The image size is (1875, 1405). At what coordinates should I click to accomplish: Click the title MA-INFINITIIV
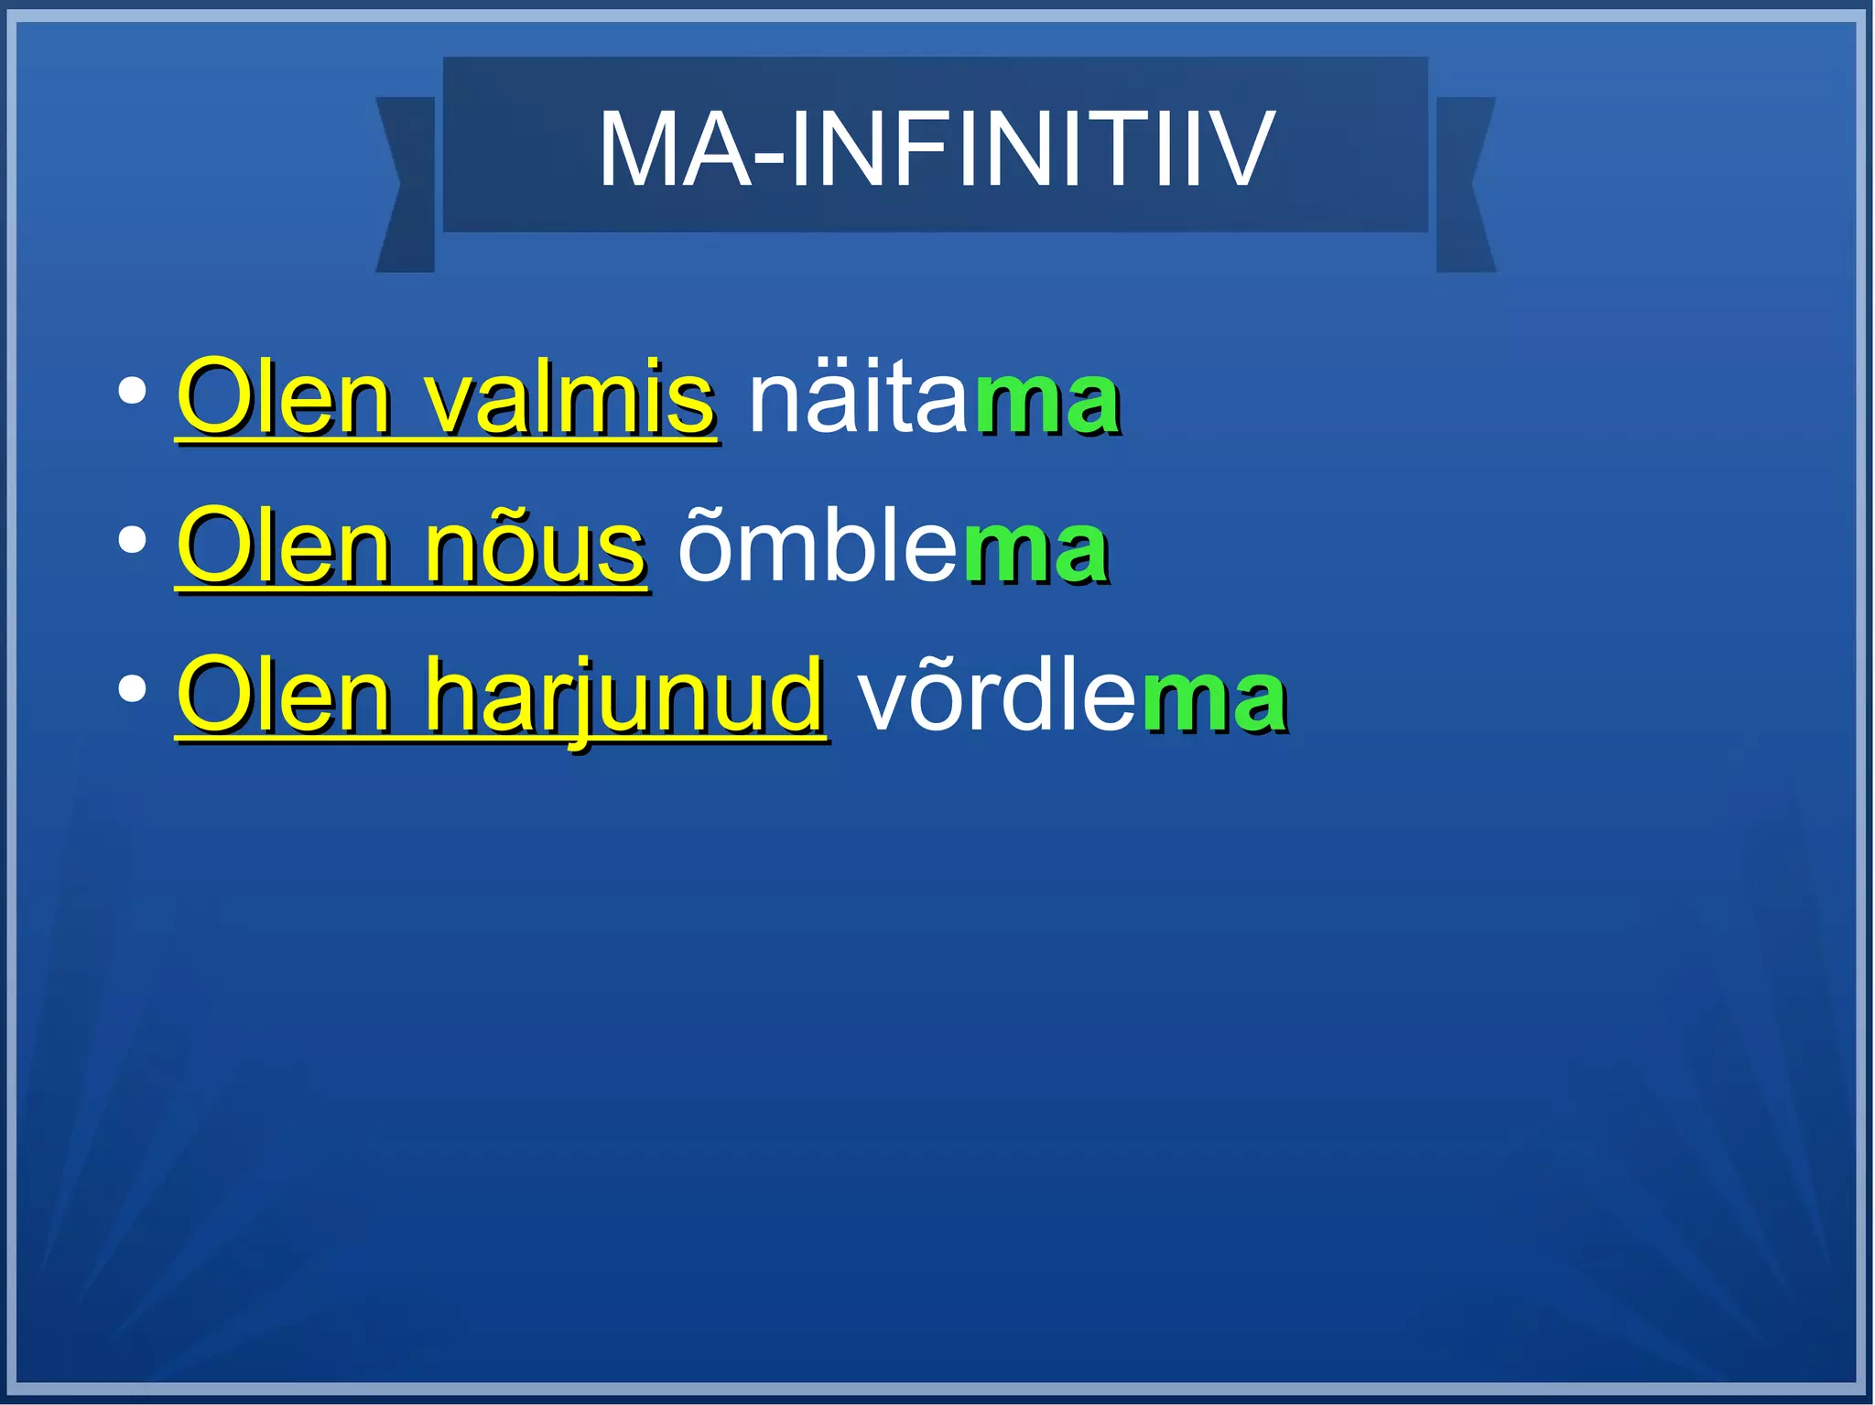935,149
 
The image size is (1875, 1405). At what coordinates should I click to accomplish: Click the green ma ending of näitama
1046,403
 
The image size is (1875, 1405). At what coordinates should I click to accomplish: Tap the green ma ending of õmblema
1035,551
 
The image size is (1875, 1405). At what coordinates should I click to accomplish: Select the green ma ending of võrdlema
1213,700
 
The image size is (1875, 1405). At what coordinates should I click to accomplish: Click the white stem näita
858,400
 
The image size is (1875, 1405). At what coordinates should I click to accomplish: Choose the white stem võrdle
996,697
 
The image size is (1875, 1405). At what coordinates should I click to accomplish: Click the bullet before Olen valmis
133,392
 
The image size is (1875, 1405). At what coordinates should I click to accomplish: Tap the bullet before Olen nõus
133,540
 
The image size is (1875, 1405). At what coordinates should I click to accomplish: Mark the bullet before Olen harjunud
133,689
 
